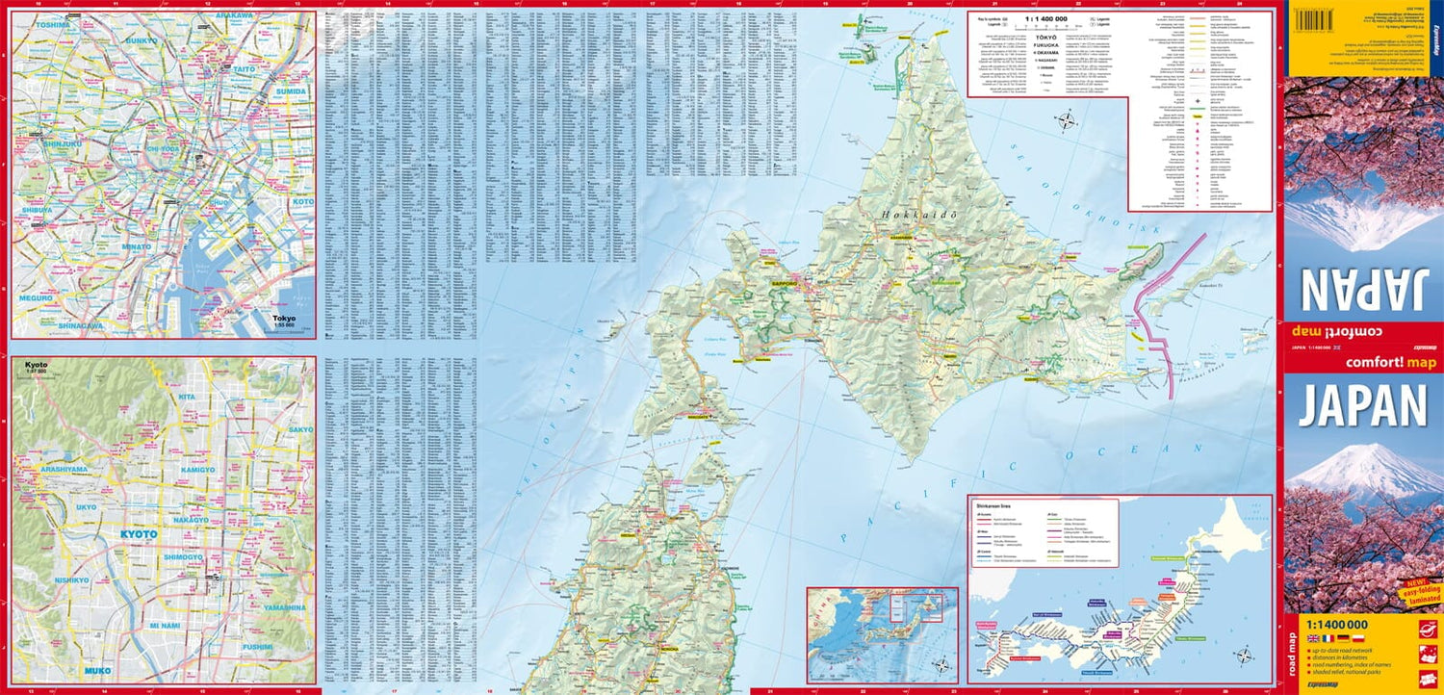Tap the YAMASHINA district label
(x=284, y=608)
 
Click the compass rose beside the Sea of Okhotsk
(x=1066, y=122)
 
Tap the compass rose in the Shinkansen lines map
(x=1243, y=657)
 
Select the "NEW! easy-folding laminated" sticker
(x=1419, y=593)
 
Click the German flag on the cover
(x=1343, y=638)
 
